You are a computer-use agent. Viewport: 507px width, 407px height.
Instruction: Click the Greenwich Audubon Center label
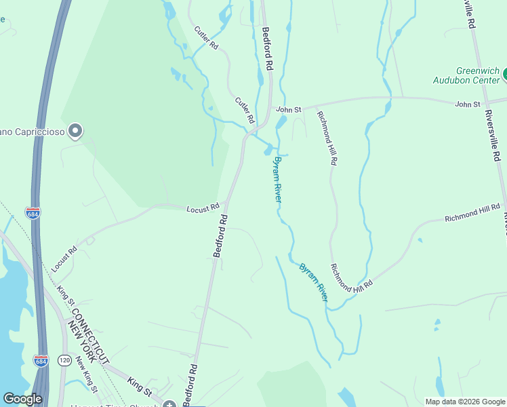tap(467, 75)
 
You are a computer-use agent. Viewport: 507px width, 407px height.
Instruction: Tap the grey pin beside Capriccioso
tap(75, 130)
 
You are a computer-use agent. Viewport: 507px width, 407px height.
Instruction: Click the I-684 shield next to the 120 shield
tap(41, 360)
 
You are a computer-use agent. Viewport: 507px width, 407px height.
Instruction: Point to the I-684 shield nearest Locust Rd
tap(33, 213)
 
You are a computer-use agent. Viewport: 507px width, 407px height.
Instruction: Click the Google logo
tap(22, 399)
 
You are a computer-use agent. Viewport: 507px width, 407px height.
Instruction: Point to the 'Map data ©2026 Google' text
tap(465, 402)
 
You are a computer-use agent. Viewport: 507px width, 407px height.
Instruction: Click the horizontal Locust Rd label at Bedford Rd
tap(203, 207)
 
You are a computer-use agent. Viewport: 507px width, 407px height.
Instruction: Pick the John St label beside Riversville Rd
tap(468, 104)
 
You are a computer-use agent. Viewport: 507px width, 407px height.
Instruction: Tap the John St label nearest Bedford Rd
tap(288, 109)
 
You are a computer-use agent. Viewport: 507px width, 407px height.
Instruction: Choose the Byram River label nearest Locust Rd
tap(277, 179)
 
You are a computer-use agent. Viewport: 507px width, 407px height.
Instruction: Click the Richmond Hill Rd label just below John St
tap(327, 138)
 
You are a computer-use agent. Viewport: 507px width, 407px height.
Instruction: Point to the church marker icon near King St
tap(168, 406)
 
